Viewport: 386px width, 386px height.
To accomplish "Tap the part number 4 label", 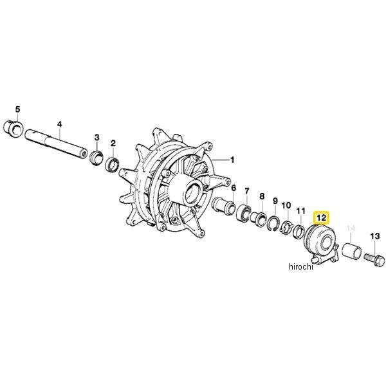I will coord(60,123).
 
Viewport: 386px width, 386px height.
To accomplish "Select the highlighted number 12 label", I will coord(320,219).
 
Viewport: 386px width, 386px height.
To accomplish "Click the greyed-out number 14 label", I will coord(351,228).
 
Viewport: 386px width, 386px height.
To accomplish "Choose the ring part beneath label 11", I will coord(299,229).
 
